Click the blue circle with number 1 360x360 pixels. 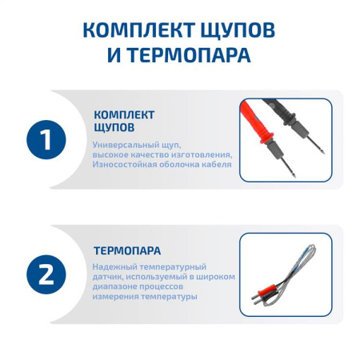(47, 139)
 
